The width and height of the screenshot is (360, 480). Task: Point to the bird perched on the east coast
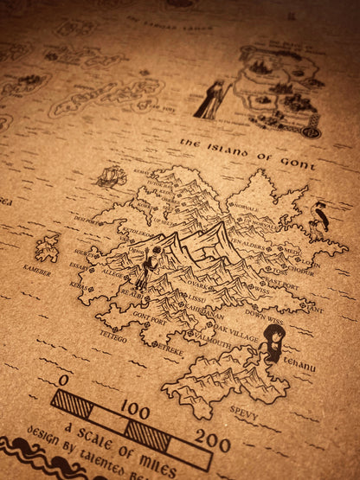pyautogui.click(x=320, y=215)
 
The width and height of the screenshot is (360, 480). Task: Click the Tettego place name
pyautogui.click(x=112, y=335)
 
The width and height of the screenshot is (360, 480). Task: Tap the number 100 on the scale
pyautogui.click(x=134, y=408)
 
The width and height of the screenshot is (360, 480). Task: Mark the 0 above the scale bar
pyautogui.click(x=64, y=380)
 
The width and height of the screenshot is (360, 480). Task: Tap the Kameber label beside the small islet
pyautogui.click(x=37, y=271)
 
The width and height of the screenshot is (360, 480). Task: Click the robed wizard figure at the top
pyautogui.click(x=213, y=99)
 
